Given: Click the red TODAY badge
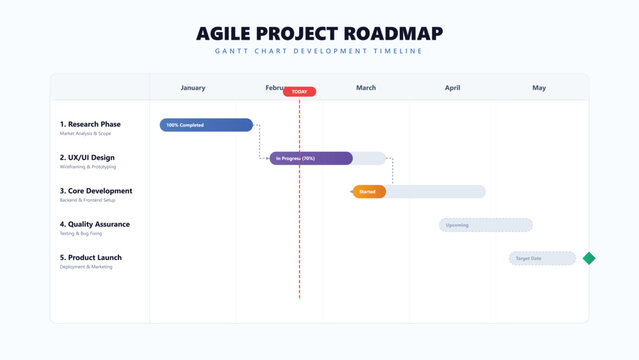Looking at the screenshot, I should [x=299, y=92].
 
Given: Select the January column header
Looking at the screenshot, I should [x=193, y=88].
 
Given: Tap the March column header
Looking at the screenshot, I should [x=366, y=88].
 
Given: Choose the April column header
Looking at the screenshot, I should [x=453, y=88].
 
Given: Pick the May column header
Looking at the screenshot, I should [x=539, y=88].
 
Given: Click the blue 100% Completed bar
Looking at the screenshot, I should [x=206, y=125].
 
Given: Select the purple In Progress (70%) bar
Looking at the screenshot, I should [x=311, y=158].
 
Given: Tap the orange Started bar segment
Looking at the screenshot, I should [x=369, y=191].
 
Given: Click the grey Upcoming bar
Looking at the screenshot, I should [x=486, y=225].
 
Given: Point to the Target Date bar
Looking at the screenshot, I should [x=542, y=258].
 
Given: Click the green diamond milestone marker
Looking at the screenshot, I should [x=589, y=258].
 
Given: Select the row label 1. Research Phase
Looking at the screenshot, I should [x=90, y=124].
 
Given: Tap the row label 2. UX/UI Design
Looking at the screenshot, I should [x=87, y=157].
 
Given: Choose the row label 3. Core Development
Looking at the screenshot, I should [x=96, y=190].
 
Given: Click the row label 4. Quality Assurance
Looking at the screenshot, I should [x=95, y=224].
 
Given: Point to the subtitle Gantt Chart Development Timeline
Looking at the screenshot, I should [x=319, y=51].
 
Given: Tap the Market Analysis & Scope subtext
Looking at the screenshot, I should [x=84, y=134].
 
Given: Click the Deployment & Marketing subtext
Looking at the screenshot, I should [x=86, y=267].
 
